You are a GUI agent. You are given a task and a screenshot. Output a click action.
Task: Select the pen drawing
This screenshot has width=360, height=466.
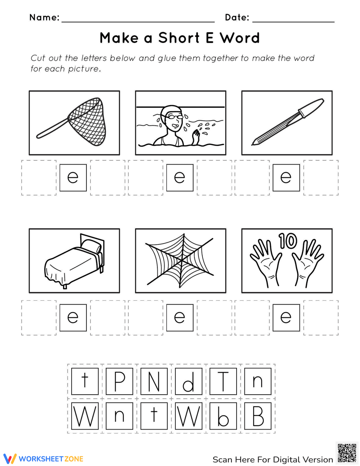click(x=287, y=122)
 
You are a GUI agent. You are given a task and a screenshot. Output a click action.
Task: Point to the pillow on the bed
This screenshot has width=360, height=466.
click(x=91, y=247)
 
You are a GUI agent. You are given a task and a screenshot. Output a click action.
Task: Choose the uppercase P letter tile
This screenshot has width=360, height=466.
click(x=119, y=381)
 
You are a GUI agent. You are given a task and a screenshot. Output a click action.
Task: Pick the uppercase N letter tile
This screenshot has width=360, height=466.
click(x=154, y=381)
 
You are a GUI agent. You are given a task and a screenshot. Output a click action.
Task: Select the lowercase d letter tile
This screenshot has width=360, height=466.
click(x=188, y=381)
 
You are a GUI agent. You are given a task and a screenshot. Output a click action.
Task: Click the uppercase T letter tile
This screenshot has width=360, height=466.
click(x=223, y=381)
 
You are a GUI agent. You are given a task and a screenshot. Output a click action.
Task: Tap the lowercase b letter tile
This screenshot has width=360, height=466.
click(x=223, y=416)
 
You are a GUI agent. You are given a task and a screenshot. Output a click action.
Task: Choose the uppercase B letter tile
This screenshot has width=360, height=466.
click(x=257, y=416)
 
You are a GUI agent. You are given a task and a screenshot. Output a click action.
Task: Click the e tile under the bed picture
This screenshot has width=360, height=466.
click(x=73, y=317)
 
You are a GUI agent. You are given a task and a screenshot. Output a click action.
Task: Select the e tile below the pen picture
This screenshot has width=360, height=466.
click(x=286, y=178)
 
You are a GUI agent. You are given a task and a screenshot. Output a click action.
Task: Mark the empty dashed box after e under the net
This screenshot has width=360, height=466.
click(x=107, y=178)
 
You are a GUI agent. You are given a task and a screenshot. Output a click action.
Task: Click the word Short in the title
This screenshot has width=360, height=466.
click(x=179, y=38)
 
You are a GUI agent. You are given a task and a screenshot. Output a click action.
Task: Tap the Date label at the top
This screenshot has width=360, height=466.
click(x=237, y=17)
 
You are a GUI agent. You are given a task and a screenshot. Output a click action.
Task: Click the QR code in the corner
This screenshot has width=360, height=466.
click(x=347, y=453)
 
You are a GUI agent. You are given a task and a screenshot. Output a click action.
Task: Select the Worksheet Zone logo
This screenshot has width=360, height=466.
click(x=44, y=459)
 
